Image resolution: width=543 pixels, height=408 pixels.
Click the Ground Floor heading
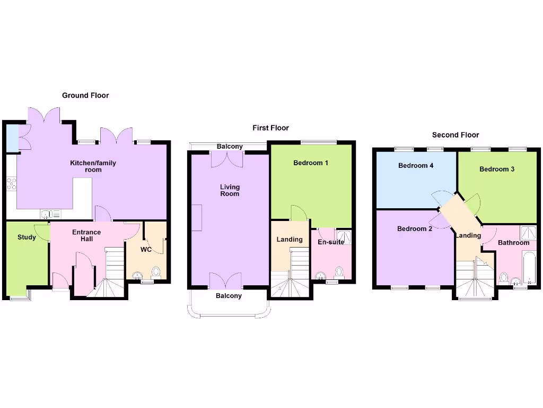[85, 96]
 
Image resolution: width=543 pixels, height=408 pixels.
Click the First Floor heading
[270, 128]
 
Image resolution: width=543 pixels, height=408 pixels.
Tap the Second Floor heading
[456, 135]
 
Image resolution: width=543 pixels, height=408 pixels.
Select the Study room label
[27, 237]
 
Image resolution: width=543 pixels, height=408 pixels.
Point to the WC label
[146, 249]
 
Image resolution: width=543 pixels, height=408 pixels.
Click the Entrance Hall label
[86, 235]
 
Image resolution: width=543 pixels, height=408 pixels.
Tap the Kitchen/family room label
[93, 166]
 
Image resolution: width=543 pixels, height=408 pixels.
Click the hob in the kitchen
[11, 184]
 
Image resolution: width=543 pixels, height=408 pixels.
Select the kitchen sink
[50, 214]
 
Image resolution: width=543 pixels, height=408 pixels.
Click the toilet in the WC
[156, 273]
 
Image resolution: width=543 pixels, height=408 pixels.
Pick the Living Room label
[230, 190]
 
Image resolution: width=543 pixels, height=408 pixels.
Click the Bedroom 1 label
[311, 163]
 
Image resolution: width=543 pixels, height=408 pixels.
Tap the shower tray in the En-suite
[344, 237]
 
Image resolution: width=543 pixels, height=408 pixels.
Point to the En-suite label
[331, 242]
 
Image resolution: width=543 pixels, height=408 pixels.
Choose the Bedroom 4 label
[416, 166]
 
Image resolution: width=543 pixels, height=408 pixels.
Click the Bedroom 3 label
[497, 169]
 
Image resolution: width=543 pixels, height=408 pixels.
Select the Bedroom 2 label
[415, 229]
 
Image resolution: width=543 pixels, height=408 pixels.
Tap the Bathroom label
[513, 243]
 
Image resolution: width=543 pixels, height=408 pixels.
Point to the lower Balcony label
[229, 296]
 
